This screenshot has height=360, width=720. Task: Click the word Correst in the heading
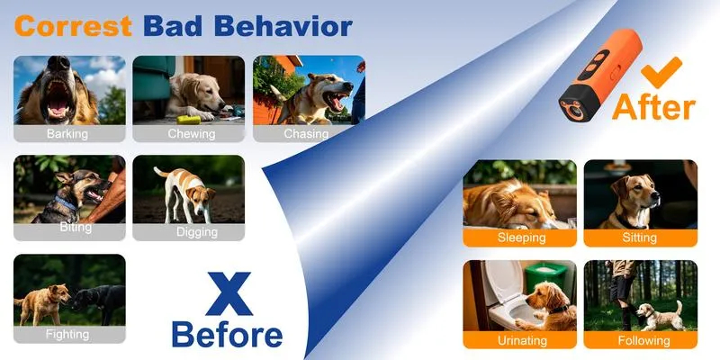click(x=74, y=26)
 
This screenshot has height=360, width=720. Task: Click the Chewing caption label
click(x=189, y=133)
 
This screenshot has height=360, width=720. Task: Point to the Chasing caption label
click(x=306, y=133)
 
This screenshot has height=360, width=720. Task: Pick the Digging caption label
click(x=189, y=232)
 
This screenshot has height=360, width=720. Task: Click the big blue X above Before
click(x=229, y=294)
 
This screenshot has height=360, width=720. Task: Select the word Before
click(x=228, y=335)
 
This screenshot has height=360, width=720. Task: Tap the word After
click(x=654, y=107)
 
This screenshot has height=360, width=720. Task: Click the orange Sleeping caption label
click(x=520, y=238)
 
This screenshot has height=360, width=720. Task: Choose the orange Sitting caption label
click(x=640, y=238)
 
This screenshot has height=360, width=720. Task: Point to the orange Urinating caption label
click(x=520, y=340)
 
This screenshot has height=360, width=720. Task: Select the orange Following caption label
click(x=640, y=340)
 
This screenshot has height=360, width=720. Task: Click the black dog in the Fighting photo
click(x=100, y=301)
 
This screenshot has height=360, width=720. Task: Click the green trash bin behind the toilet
click(x=546, y=278)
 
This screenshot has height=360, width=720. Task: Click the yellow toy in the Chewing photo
click(x=189, y=121)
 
